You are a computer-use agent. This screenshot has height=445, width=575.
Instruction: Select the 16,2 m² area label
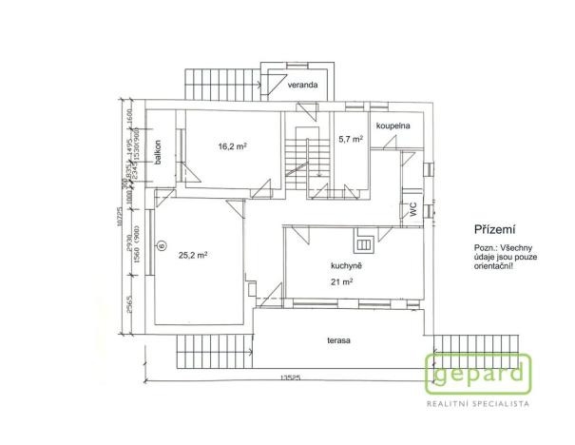pos(233,146)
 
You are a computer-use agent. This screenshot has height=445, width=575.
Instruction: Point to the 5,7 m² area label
pos(351,139)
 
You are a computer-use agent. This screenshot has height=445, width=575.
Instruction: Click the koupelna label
pos(392,125)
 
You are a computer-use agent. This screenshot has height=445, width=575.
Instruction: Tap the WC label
pos(413,212)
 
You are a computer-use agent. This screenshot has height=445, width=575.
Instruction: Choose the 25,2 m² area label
pos(193,254)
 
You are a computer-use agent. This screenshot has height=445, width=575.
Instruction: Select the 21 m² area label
pos(342,283)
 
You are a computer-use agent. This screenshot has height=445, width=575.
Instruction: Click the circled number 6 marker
pos(162,245)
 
